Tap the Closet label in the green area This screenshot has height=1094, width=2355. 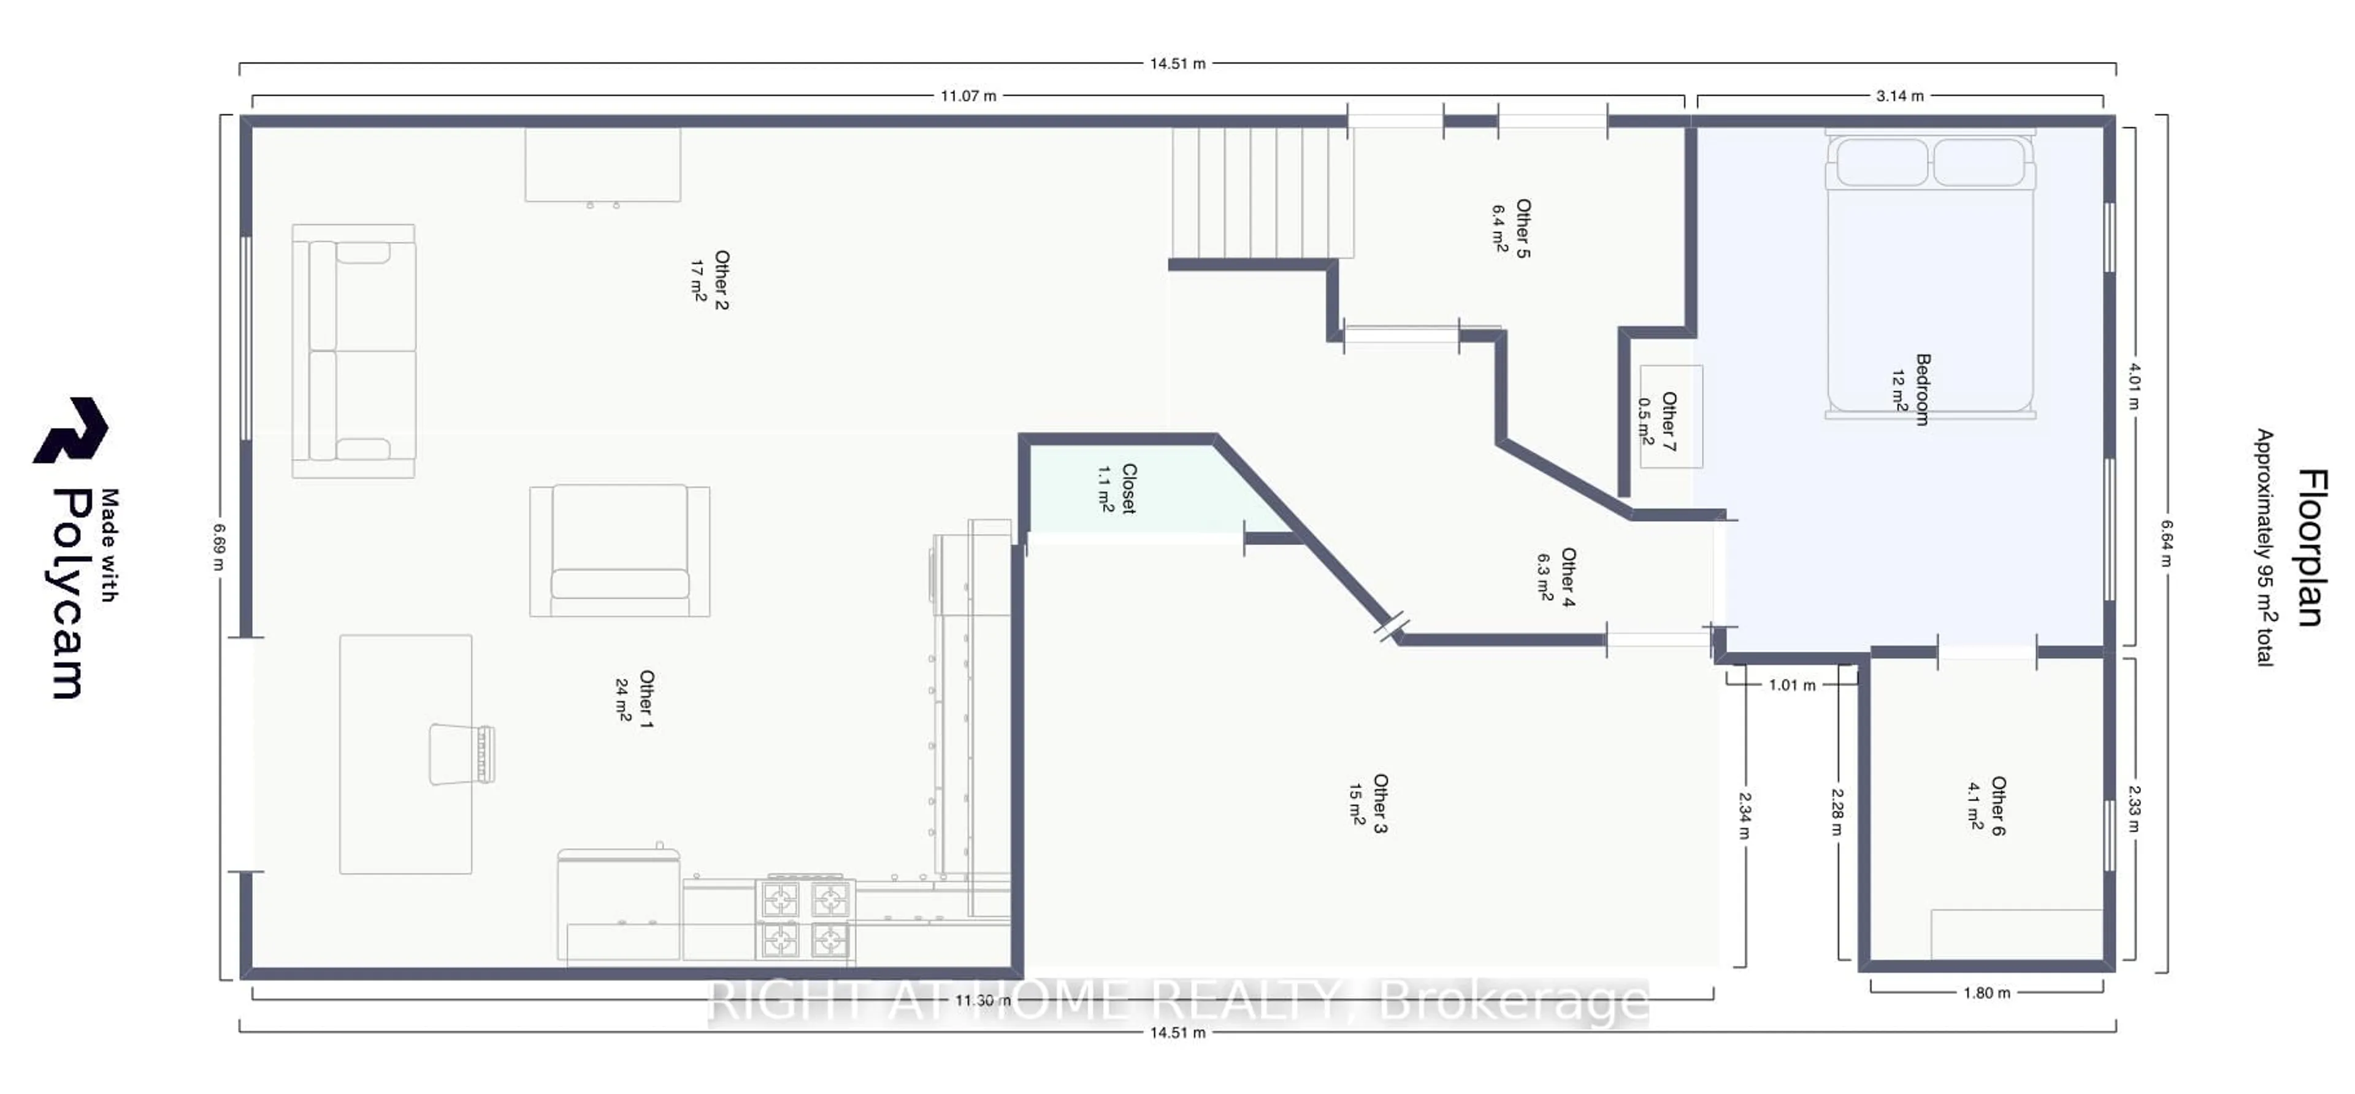click(x=1117, y=489)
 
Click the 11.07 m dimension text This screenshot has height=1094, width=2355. click(x=968, y=96)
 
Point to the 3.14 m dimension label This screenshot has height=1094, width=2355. click(x=1900, y=96)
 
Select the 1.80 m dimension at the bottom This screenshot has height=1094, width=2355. click(x=1986, y=993)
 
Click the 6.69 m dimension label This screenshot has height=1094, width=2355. click(x=218, y=546)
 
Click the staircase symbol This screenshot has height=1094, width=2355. click(x=1260, y=193)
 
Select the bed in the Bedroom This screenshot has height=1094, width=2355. click(x=1930, y=274)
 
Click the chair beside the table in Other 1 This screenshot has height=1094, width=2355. click(x=462, y=754)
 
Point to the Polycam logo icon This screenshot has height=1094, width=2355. click(x=71, y=430)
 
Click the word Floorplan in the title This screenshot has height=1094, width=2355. click(x=2310, y=548)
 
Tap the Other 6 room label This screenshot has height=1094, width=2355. click(x=1986, y=806)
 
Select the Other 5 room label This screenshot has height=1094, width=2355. click(x=1511, y=229)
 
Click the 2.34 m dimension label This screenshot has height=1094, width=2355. click(x=1744, y=815)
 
